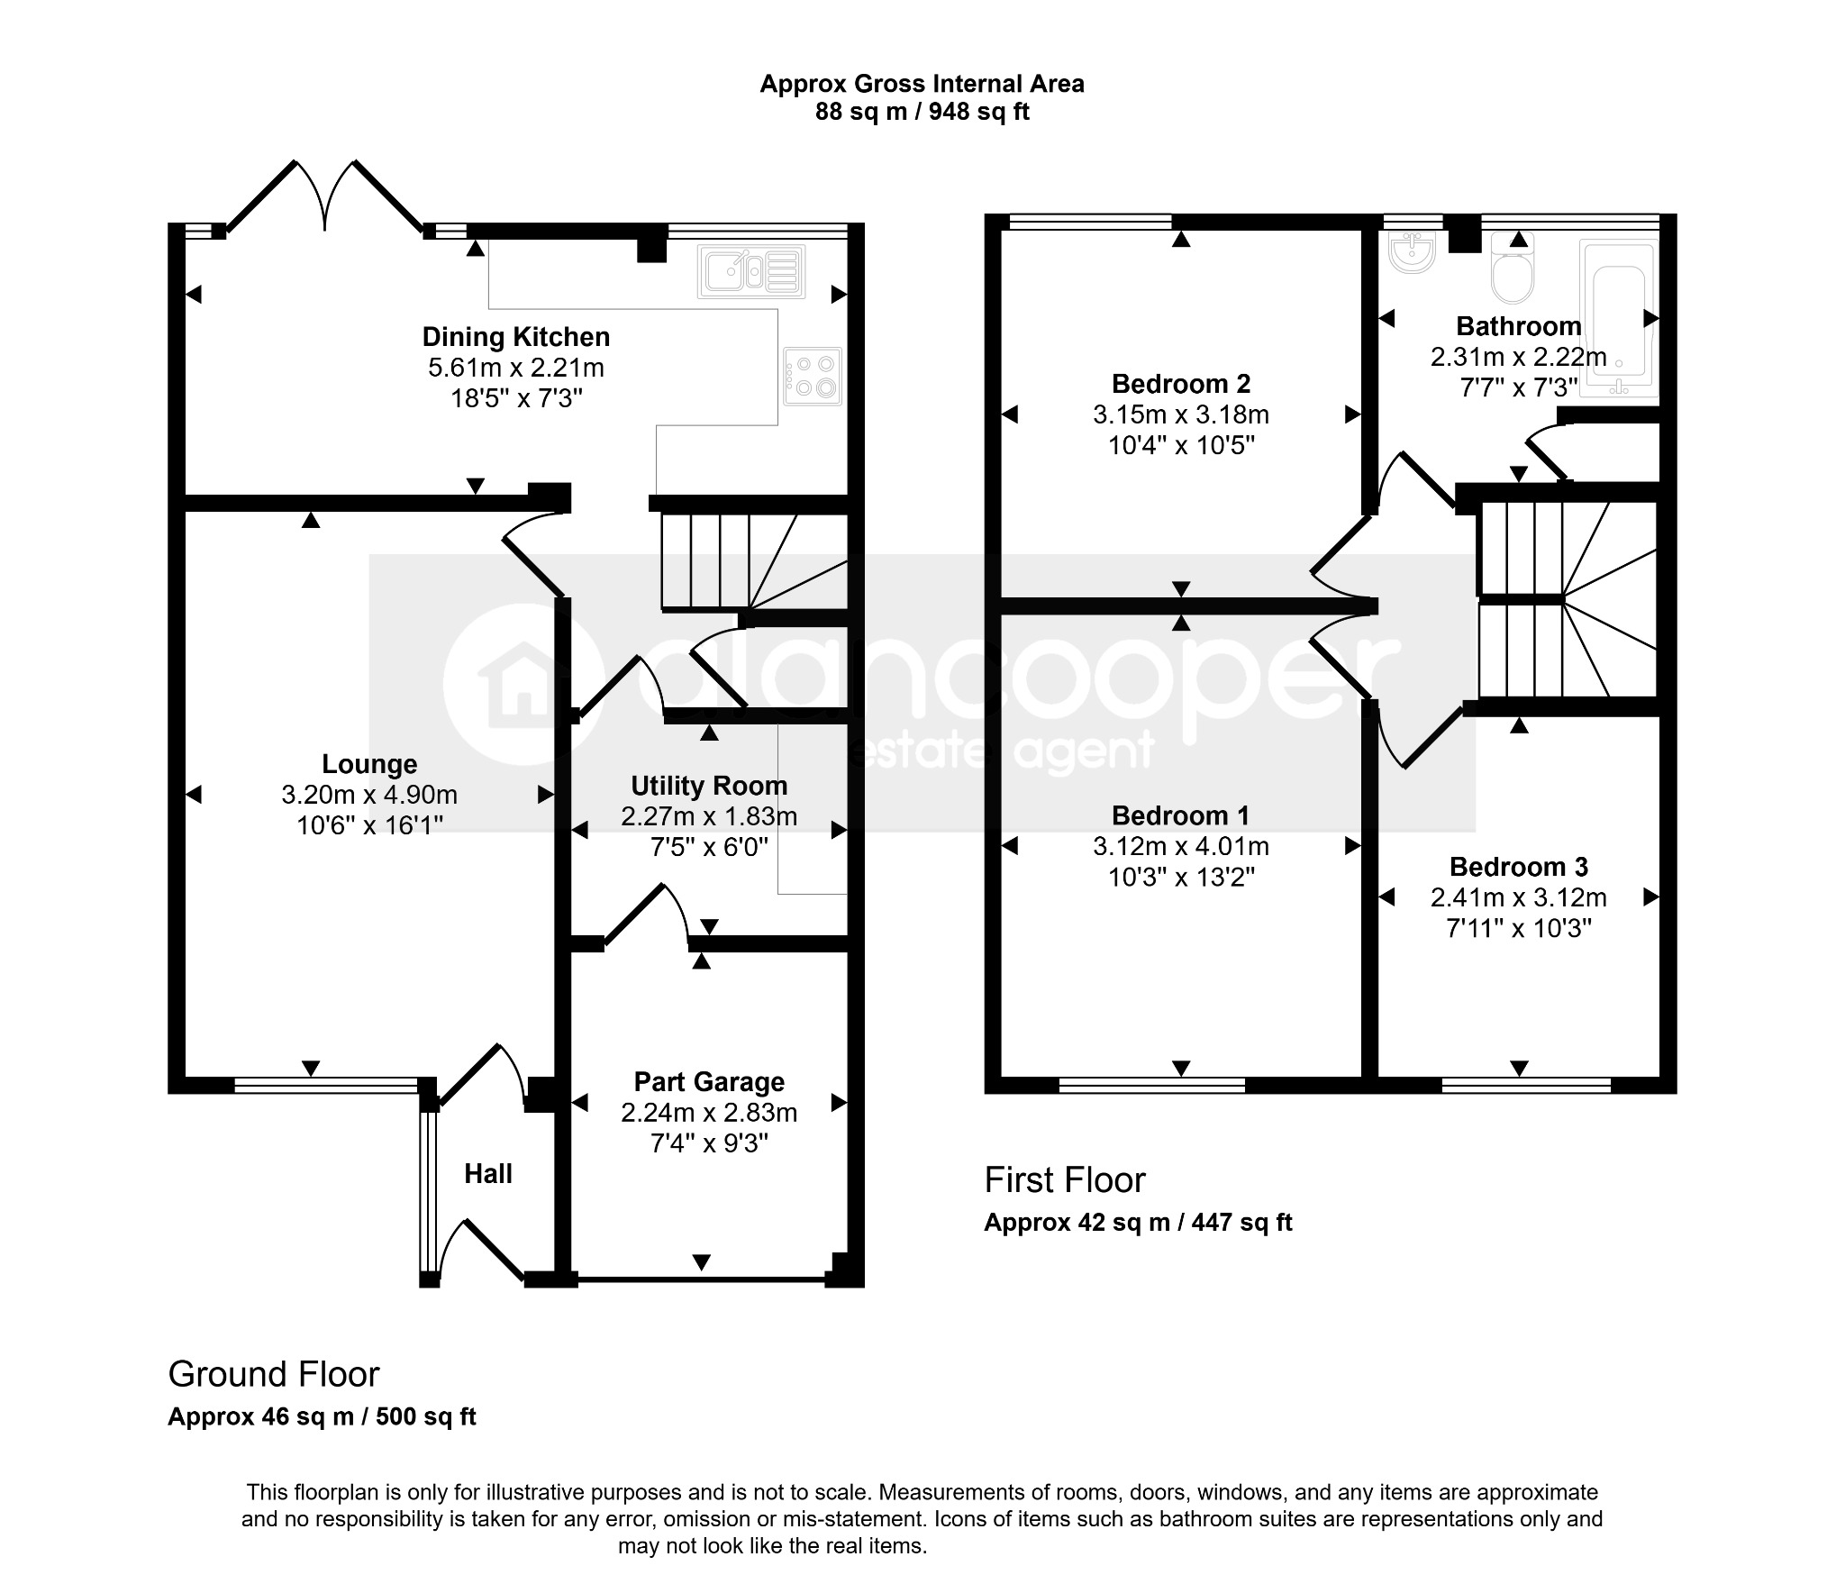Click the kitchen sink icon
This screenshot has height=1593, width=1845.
click(751, 270)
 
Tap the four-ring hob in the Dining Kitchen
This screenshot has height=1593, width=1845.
click(813, 377)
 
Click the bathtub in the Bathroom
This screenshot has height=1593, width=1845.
click(1619, 318)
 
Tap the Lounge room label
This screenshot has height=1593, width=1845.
click(369, 764)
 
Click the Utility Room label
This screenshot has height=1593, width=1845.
click(709, 786)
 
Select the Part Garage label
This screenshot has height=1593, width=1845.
click(709, 1081)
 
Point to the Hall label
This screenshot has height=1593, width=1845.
click(488, 1173)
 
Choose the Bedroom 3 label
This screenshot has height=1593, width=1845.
click(1519, 867)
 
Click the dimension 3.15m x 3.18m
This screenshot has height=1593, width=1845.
click(1181, 414)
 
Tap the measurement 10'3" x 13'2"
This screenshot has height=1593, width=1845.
click(1181, 877)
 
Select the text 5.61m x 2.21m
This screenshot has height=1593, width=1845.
click(516, 368)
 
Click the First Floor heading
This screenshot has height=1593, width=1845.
click(1065, 1180)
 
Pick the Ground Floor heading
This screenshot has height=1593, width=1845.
click(274, 1374)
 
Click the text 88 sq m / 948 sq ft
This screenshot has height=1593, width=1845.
click(922, 112)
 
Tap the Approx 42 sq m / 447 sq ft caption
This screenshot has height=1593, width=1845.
click(1138, 1223)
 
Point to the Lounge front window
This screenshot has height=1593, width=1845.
click(326, 1085)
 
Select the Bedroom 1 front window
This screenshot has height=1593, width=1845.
click(1152, 1085)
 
